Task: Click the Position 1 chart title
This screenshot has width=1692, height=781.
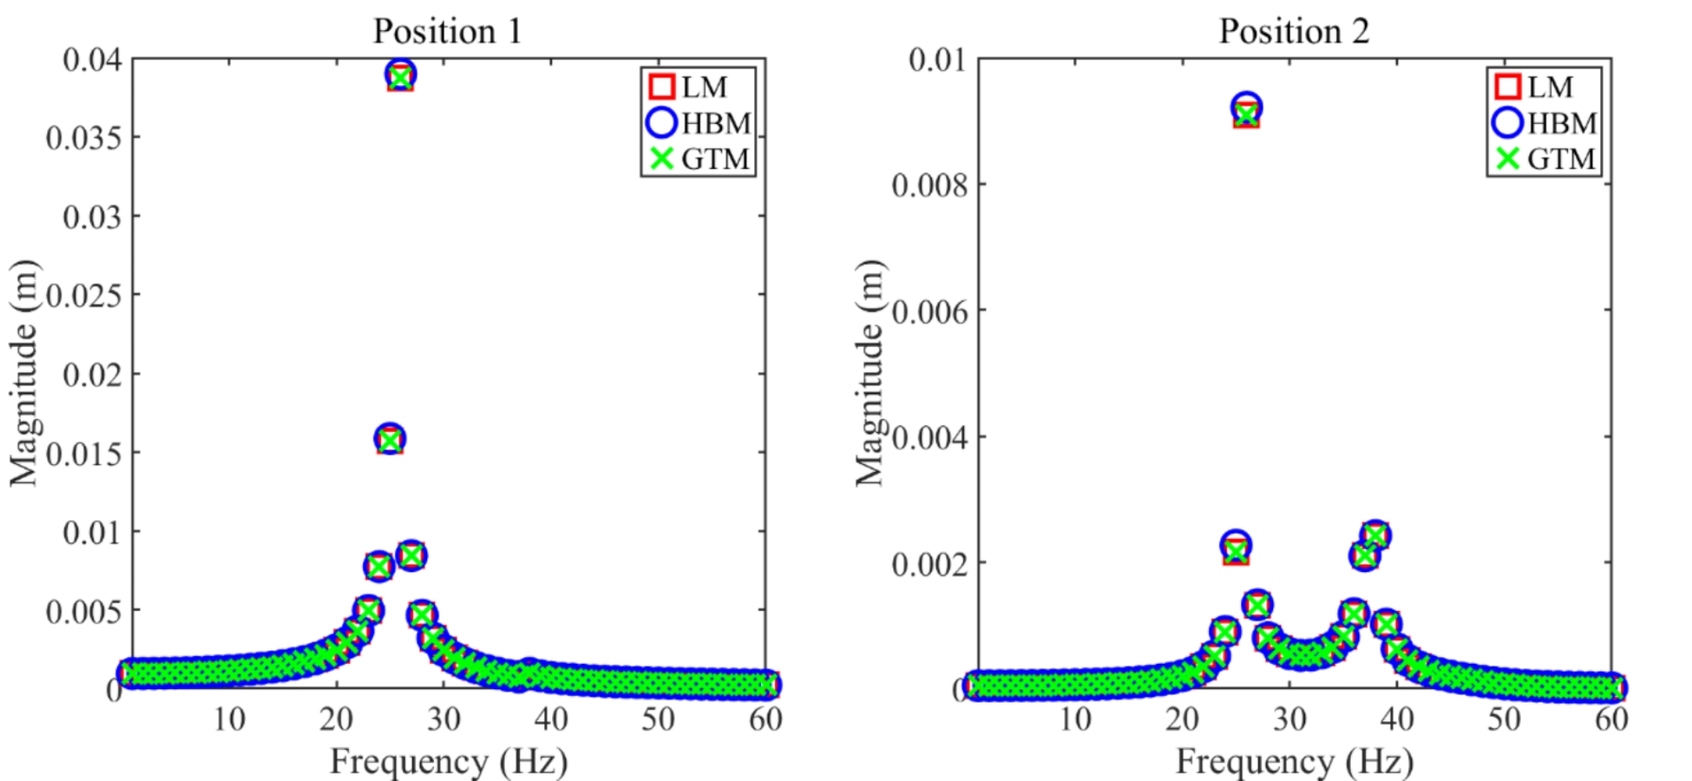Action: pyautogui.click(x=447, y=32)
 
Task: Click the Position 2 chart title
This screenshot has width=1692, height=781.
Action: pyautogui.click(x=1293, y=32)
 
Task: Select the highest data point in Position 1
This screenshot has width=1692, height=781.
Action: pyautogui.click(x=400, y=76)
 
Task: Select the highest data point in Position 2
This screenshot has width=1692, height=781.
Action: pyautogui.click(x=1246, y=110)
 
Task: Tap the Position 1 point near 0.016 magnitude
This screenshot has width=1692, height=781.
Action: pyautogui.click(x=389, y=439)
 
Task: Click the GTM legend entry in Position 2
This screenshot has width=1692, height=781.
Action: pyautogui.click(x=1545, y=158)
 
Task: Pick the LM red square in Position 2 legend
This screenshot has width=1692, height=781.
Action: pyautogui.click(x=1507, y=87)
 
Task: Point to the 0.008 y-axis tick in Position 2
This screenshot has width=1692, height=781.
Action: pyautogui.click(x=930, y=185)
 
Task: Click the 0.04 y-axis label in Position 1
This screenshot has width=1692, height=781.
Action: pyautogui.click(x=93, y=59)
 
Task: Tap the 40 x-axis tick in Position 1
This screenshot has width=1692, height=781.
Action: pyautogui.click(x=550, y=719)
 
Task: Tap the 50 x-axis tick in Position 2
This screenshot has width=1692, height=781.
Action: pyautogui.click(x=1504, y=719)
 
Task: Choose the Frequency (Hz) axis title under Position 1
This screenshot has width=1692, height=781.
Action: pyautogui.click(x=448, y=761)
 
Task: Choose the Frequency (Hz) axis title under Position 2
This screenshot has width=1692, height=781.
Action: pyautogui.click(x=1294, y=761)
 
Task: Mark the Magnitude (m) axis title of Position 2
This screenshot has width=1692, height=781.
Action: pyautogui.click(x=870, y=373)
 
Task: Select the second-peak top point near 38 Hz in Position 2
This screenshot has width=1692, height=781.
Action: pyautogui.click(x=1375, y=535)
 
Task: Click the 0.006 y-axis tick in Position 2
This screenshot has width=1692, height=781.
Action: pyautogui.click(x=930, y=311)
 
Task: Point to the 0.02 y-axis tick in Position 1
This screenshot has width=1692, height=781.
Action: pyautogui.click(x=93, y=374)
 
